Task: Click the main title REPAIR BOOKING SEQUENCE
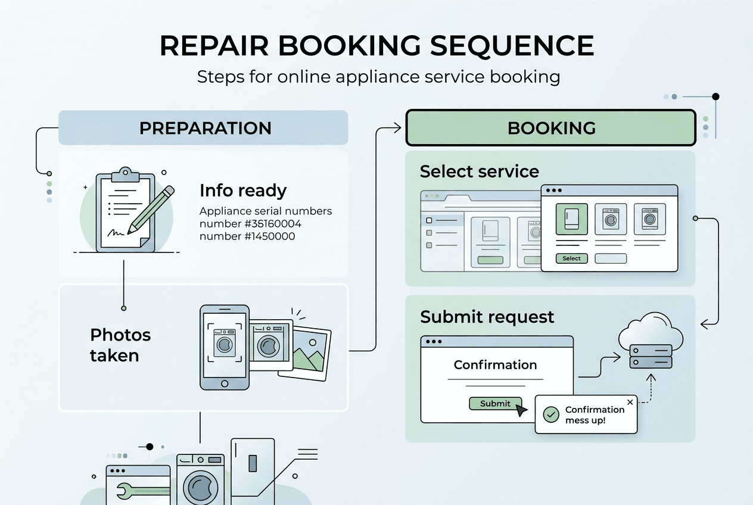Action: point(376,46)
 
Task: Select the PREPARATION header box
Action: point(203,127)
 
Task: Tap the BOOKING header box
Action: point(550,127)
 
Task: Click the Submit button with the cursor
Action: point(495,403)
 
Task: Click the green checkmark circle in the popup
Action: point(552,414)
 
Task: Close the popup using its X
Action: point(630,403)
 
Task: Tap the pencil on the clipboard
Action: point(151,208)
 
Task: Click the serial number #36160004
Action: point(250,224)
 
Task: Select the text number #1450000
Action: point(247,236)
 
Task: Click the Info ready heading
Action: point(243,191)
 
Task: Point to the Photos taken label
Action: point(120,345)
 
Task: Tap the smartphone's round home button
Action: point(225,383)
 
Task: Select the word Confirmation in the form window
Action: point(495,365)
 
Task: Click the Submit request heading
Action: point(487,317)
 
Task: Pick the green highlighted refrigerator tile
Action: point(571,220)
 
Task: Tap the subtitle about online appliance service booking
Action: point(378,77)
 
